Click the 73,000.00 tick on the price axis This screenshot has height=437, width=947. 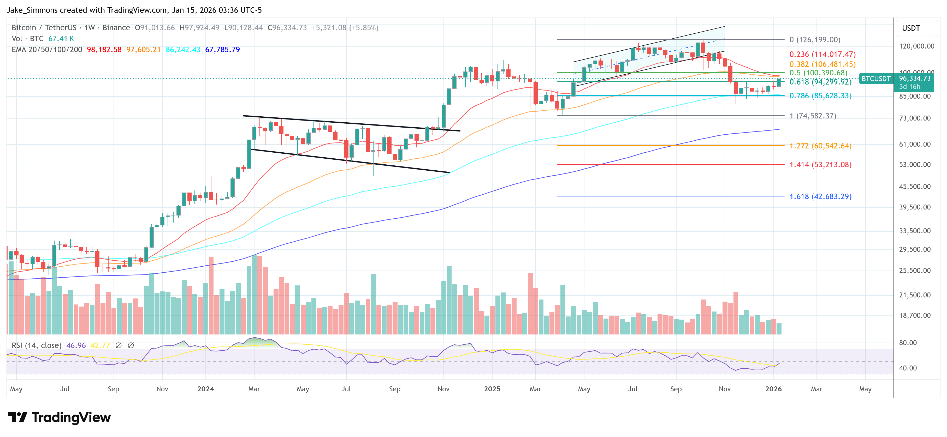[x=915, y=118]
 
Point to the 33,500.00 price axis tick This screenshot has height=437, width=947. [x=915, y=231]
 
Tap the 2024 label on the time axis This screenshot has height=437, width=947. [x=205, y=389]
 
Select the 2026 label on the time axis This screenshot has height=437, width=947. [x=773, y=389]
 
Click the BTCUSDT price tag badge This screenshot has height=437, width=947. [x=876, y=79]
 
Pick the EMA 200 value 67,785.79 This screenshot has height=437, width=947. [x=222, y=49]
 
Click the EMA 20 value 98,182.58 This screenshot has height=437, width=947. [x=104, y=49]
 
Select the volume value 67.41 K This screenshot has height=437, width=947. [x=61, y=39]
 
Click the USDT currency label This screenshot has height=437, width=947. [x=911, y=28]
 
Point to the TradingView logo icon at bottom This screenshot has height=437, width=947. [x=17, y=417]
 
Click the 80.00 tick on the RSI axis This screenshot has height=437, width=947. [x=907, y=343]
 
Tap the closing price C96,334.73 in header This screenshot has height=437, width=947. [x=287, y=28]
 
